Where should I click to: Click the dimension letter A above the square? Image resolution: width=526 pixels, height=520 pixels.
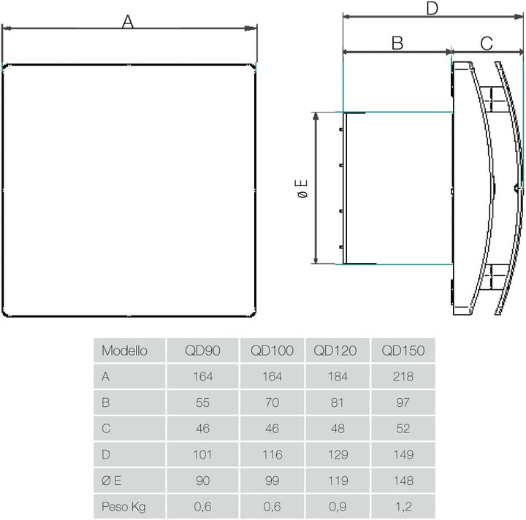128,22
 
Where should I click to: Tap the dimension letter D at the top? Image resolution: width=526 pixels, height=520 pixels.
432,8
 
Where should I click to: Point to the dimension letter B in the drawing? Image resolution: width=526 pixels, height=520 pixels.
397,43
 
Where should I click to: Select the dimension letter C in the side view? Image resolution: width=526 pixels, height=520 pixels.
487,44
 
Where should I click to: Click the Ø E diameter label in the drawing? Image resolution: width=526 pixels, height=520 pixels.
302,188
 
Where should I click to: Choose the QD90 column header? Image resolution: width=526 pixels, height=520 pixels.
202,351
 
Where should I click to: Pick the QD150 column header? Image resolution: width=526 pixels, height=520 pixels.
403,351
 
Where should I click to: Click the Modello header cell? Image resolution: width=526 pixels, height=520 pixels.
124,351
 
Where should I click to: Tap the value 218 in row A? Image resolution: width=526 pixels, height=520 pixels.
403,377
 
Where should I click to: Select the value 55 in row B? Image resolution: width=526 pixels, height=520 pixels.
202,402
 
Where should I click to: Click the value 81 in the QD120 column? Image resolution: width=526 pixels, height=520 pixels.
337,402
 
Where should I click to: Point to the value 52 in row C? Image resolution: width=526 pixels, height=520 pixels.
403,429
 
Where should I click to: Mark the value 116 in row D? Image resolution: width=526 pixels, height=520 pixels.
272,454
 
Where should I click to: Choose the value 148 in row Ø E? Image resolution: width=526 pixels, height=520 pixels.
403,481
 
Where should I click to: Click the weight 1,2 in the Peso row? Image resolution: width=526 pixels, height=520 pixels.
403,507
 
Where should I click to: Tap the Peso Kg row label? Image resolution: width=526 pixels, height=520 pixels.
123,507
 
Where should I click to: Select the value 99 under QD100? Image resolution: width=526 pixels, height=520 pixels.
272,481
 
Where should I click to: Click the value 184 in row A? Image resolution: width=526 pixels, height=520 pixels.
338,377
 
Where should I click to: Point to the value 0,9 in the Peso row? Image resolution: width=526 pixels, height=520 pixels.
338,507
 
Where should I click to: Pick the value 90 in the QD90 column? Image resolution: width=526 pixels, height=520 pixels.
202,481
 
